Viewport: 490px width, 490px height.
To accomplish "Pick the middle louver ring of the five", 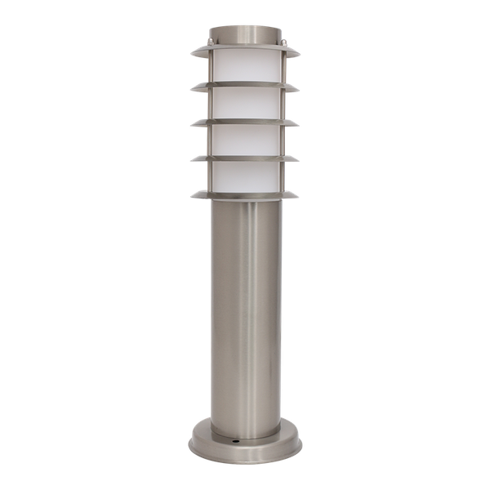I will [244, 122].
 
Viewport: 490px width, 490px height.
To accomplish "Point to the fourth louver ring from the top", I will [244, 158].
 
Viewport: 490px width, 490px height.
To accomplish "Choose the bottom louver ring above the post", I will [244, 195].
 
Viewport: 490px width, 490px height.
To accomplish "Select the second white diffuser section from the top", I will [244, 104].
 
